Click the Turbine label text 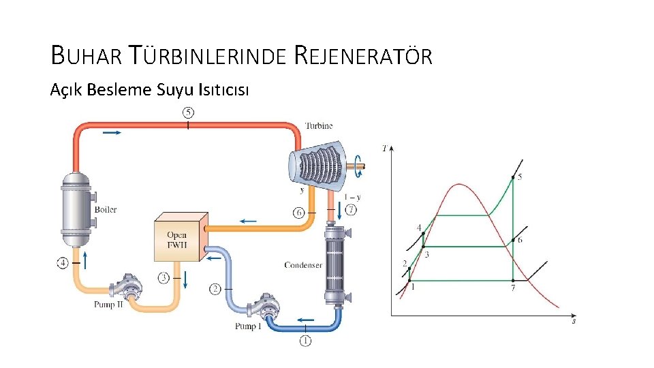[318, 126]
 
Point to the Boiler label [106, 209]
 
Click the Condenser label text [302, 265]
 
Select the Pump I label [248, 326]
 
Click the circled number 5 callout [188, 112]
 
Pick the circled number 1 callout [305, 341]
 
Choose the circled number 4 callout [63, 262]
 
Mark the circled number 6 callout [298, 213]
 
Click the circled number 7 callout [351, 209]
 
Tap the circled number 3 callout [163, 277]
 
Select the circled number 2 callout [215, 290]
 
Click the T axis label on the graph [386, 147]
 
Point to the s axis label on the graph [574, 320]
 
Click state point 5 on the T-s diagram [512, 177]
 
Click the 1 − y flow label [353, 197]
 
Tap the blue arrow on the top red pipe [111, 132]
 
